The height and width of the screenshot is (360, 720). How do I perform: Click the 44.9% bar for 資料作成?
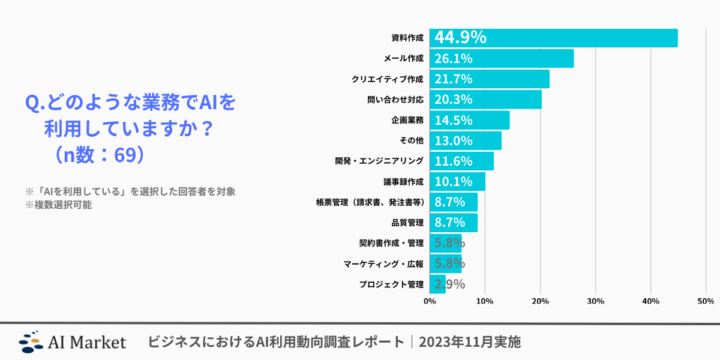pos(553,38)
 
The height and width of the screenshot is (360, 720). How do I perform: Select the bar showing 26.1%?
pos(501,59)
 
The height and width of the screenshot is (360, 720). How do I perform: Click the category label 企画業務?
pos(406,120)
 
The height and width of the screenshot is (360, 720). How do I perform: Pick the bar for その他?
pos(465,140)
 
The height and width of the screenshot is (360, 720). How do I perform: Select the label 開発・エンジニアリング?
pos(379,161)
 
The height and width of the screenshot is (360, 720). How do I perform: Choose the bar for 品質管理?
pos(453,222)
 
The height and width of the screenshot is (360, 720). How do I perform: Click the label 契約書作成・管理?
pos(391,243)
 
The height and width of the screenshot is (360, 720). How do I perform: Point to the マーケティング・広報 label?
pos(384,263)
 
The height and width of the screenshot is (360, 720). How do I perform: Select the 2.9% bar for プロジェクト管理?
pos(438,284)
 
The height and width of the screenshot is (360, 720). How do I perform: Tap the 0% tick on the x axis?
pos(430,300)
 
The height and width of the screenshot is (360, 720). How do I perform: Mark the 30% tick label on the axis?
pos(595,300)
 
